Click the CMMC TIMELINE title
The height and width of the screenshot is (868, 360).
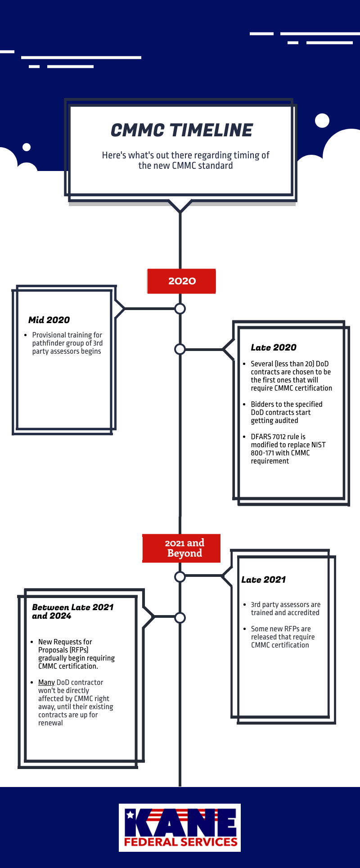pos(182,130)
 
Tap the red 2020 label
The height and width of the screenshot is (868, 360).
pos(181,281)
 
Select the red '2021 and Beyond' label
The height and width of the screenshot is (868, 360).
pos(181,548)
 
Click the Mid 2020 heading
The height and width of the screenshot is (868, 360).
pos(49,320)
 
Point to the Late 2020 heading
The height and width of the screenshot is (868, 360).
pos(274,347)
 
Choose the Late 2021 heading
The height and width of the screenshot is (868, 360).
pos(264,580)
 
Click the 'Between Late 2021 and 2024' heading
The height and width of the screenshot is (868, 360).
pos(73,612)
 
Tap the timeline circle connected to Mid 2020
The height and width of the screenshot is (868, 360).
pos(180,309)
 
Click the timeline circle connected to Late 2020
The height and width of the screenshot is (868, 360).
pos(180,349)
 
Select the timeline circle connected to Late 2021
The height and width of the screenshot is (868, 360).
pos(180,576)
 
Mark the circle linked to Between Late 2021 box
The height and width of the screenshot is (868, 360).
pos(180,618)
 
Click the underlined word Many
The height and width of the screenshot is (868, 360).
pos(46,683)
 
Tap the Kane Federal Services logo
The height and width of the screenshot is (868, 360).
pos(180,828)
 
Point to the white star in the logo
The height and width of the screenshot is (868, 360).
pos(130,814)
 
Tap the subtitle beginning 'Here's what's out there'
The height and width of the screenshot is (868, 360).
pos(185,160)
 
